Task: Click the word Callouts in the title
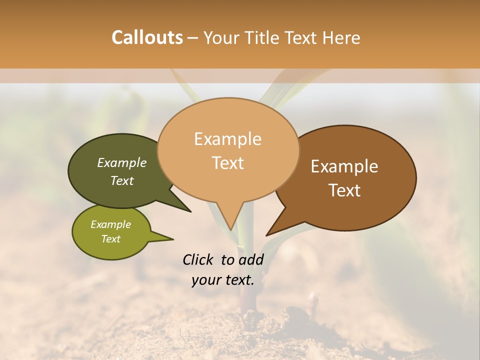pyautogui.click(x=147, y=37)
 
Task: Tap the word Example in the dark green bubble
pyautogui.click(x=122, y=162)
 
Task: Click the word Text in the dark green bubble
pyautogui.click(x=122, y=180)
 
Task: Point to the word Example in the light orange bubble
pyautogui.click(x=227, y=139)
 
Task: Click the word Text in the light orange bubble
pyautogui.click(x=227, y=163)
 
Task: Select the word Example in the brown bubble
pyautogui.click(x=344, y=166)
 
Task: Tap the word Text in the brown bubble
pyautogui.click(x=344, y=190)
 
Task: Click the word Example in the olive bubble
pyautogui.click(x=111, y=224)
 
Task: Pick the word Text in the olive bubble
pyautogui.click(x=111, y=239)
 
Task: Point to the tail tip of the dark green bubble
pyautogui.click(x=189, y=210)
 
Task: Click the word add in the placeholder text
pyautogui.click(x=251, y=259)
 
